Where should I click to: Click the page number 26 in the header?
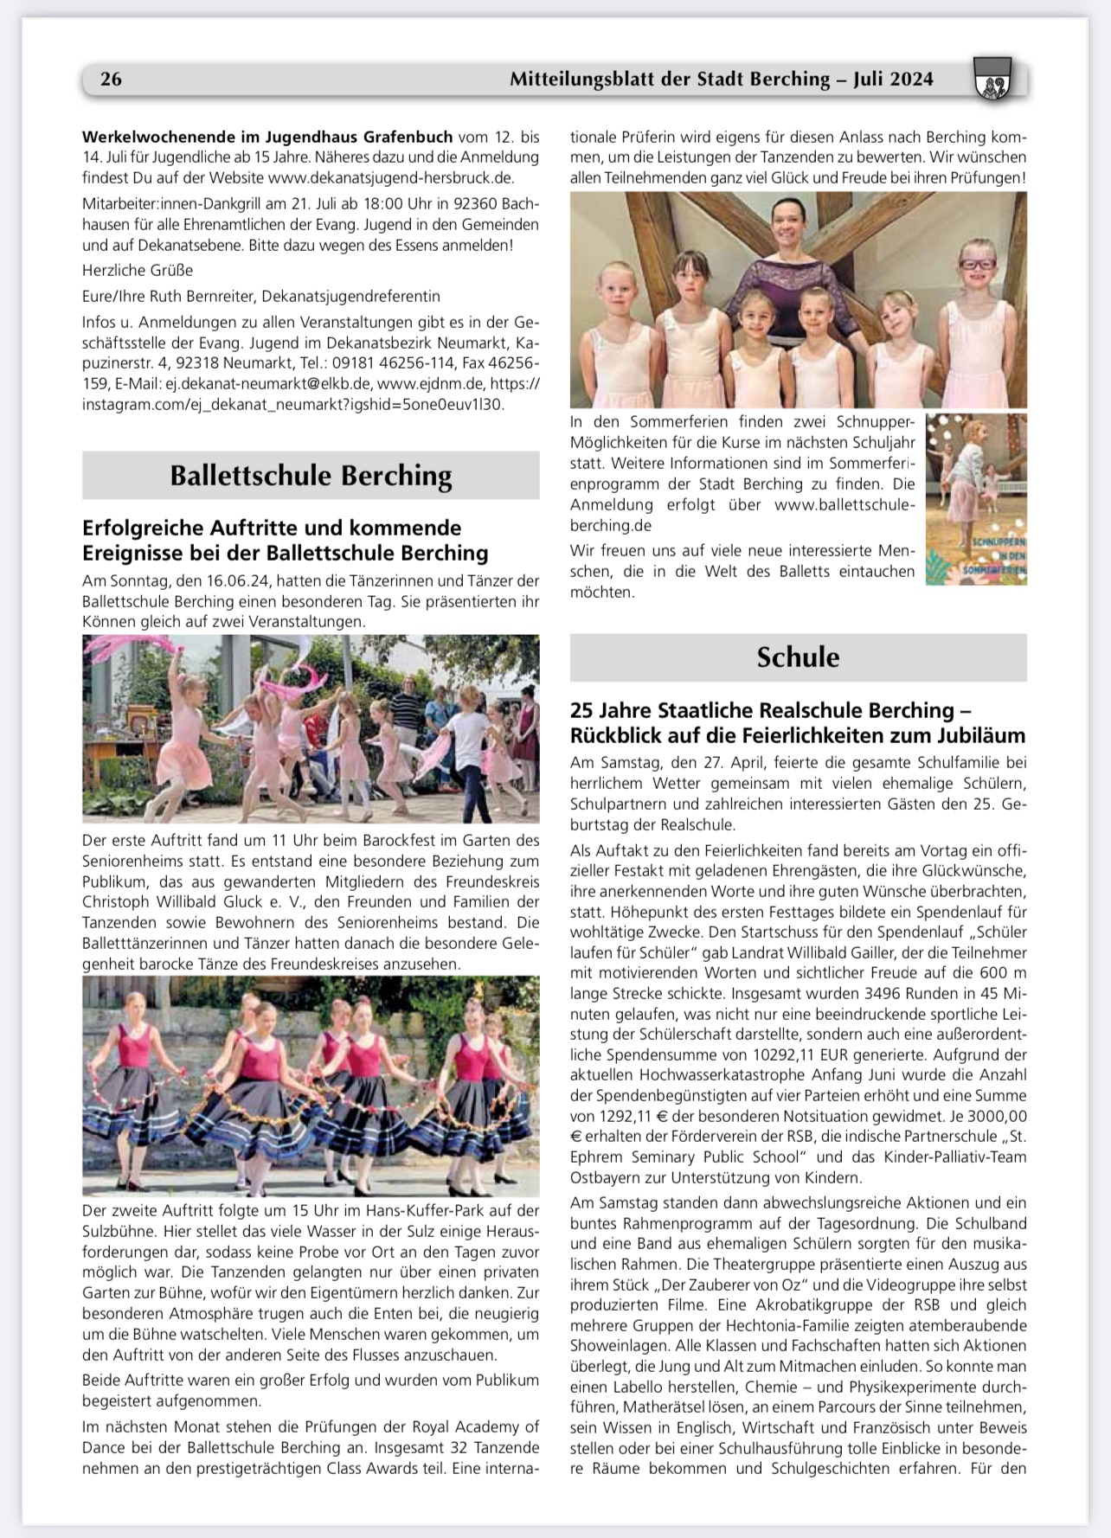(x=111, y=80)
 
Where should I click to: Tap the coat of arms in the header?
(x=992, y=80)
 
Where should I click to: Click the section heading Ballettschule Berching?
(x=311, y=476)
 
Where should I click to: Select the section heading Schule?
(x=798, y=657)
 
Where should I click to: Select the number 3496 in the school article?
(x=887, y=993)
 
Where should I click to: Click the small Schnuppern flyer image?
(x=976, y=499)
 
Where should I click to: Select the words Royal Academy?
(x=475, y=1426)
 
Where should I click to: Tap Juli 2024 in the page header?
(x=892, y=80)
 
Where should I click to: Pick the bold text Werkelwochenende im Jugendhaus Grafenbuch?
(x=267, y=137)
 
